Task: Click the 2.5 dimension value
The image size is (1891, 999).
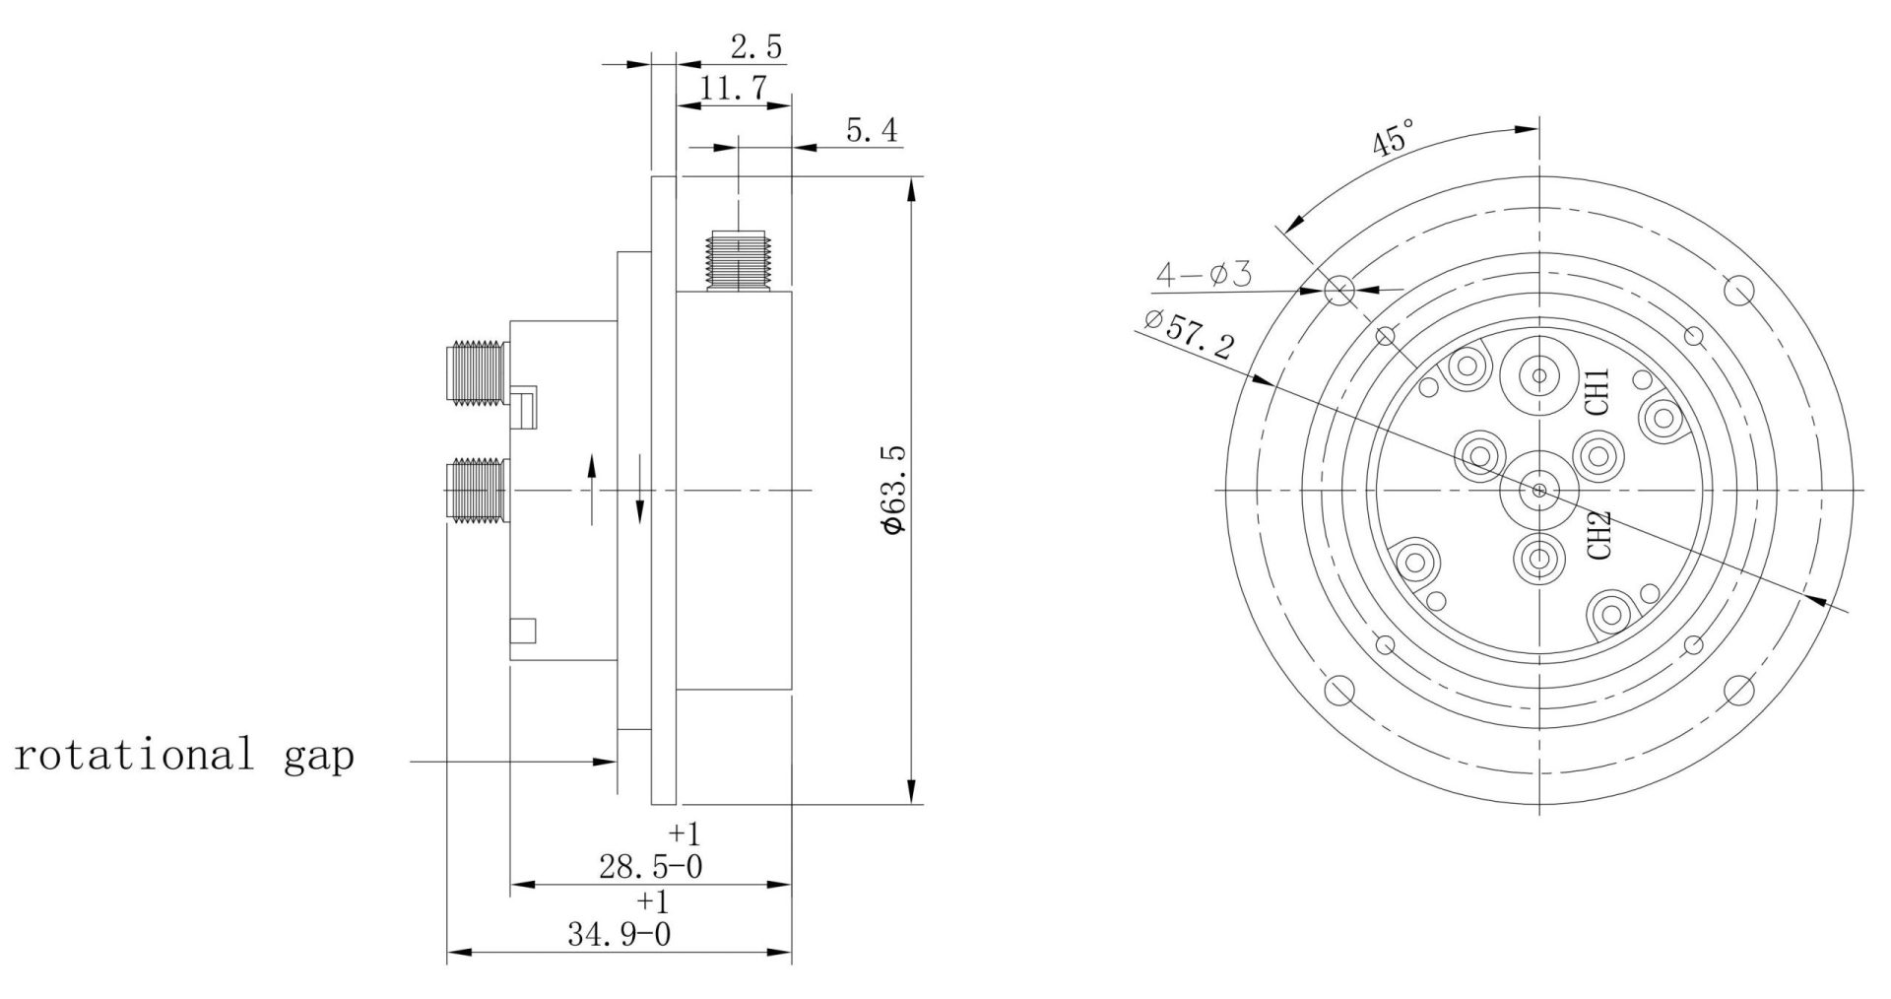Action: coord(756,46)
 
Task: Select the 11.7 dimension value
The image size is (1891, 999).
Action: coord(734,90)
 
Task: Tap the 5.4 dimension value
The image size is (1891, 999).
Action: coord(871,130)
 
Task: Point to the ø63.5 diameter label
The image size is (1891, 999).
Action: coord(893,490)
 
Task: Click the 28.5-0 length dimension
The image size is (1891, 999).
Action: coord(650,867)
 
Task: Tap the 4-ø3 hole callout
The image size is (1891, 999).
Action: coord(1203,275)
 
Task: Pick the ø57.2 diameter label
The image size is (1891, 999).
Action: coord(1190,334)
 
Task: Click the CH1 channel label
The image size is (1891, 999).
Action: coord(1597,390)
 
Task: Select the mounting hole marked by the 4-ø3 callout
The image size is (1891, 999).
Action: coord(1338,290)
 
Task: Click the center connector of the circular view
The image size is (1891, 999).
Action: coord(1537,490)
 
